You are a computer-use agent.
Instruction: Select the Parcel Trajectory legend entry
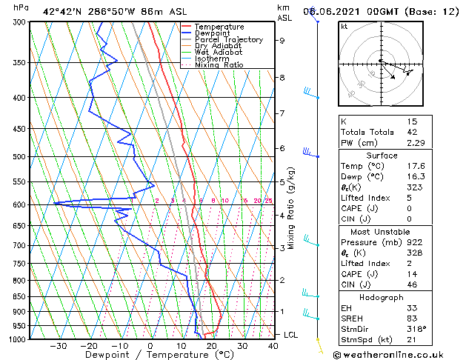click(228, 39)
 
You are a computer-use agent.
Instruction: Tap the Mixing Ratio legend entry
click(219, 65)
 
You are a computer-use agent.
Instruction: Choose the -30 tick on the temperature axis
click(58, 346)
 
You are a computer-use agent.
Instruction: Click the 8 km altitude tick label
click(282, 77)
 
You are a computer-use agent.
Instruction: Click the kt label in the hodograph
click(344, 26)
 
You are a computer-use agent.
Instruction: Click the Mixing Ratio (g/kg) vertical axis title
click(291, 207)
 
